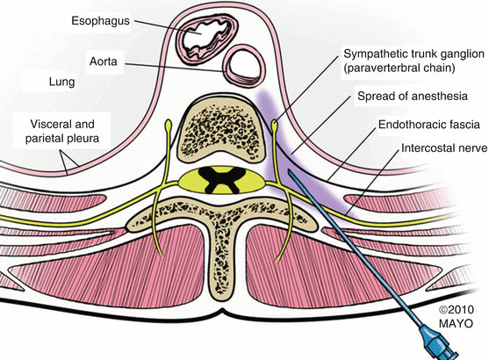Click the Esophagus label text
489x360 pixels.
pyautogui.click(x=100, y=21)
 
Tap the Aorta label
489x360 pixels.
pyautogui.click(x=104, y=61)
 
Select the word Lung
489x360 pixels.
pyautogui.click(x=61, y=82)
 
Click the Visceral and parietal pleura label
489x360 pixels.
pyautogui.click(x=62, y=131)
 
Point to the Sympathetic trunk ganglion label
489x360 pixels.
pyautogui.click(x=413, y=61)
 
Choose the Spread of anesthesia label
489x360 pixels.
pyautogui.click(x=413, y=96)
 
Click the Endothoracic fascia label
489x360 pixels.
pyautogui.click(x=428, y=125)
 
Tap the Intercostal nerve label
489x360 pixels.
pyautogui.click(x=443, y=148)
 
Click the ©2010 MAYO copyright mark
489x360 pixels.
pyautogui.click(x=456, y=316)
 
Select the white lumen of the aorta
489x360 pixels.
pyautogui.click(x=244, y=65)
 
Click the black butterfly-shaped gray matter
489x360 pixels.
pyautogui.click(x=222, y=180)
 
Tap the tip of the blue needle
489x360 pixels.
pyautogui.click(x=289, y=171)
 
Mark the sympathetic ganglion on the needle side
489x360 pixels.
pyautogui.click(x=275, y=125)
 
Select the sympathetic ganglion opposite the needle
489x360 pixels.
pyautogui.click(x=169, y=126)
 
